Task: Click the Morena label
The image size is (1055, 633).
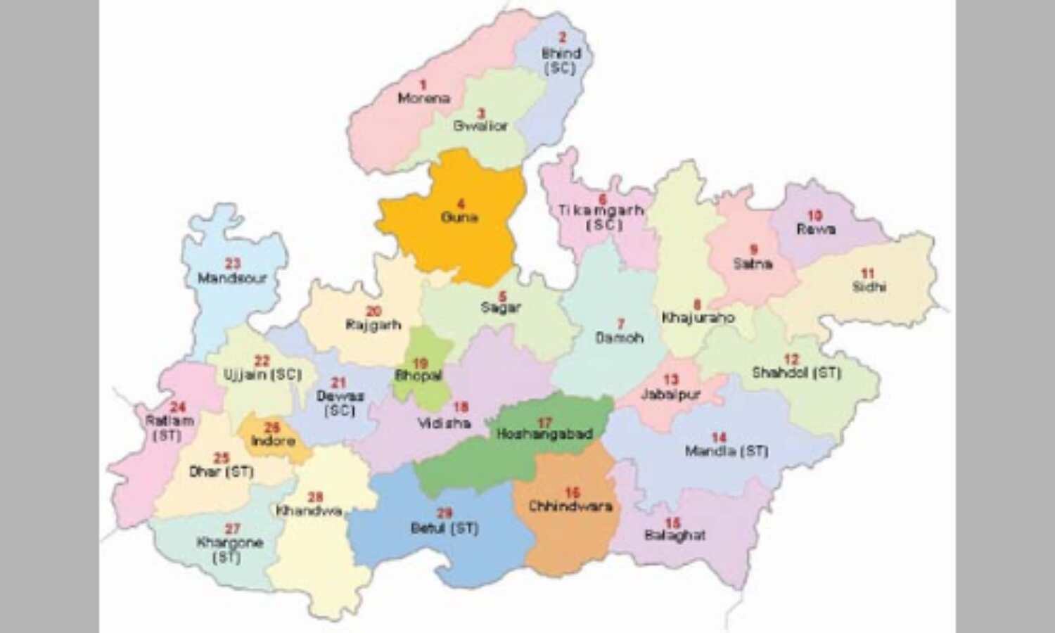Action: pos(423,98)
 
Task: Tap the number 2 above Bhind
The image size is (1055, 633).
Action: pos(561,38)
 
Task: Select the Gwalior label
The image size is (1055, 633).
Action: pos(480,126)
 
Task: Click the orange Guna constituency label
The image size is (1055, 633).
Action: pos(459,217)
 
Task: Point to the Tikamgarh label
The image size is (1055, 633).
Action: pos(601,210)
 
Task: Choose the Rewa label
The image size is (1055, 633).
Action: pos(816,229)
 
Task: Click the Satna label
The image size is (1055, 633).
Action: pos(753,264)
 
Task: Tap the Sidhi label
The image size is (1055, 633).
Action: pos(869,287)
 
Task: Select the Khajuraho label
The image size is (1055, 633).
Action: pos(698,318)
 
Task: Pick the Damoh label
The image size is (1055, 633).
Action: pos(620,338)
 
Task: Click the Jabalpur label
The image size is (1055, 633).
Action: pos(670,395)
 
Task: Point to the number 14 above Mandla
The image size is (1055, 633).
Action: pos(718,437)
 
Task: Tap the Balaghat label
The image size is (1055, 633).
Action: pos(674,536)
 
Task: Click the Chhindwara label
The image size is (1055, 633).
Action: pos(570,506)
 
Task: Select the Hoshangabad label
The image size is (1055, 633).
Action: pos(544,435)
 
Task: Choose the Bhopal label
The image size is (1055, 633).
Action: pos(419,376)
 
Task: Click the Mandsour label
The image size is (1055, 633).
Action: pos(233,279)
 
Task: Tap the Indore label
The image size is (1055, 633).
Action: pos(273,441)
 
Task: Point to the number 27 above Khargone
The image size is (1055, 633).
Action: pos(232,529)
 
